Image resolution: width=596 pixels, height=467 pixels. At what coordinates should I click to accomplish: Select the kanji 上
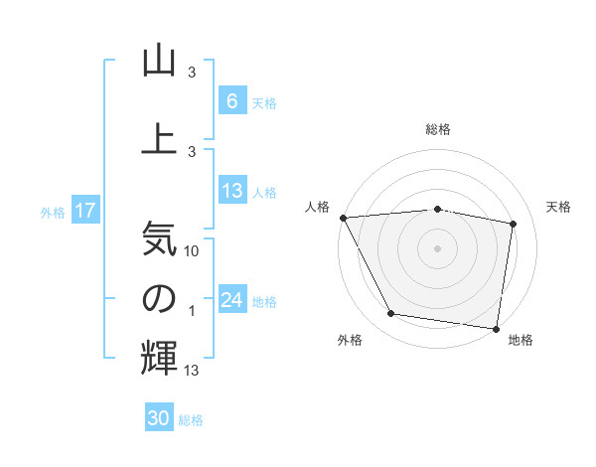pyautogui.click(x=159, y=137)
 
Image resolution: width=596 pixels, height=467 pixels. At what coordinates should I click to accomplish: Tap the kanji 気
pyautogui.click(x=159, y=238)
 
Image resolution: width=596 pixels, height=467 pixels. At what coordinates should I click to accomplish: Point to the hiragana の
pyautogui.click(x=159, y=298)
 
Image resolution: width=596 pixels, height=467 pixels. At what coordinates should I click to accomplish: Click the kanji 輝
pyautogui.click(x=159, y=358)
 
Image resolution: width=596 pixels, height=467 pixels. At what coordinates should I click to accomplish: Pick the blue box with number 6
pyautogui.click(x=231, y=101)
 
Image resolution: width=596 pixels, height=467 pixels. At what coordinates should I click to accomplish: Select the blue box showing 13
pyautogui.click(x=231, y=191)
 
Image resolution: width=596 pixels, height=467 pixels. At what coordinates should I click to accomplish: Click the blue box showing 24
pyautogui.click(x=231, y=300)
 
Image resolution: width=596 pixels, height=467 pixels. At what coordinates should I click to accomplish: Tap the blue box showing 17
pyautogui.click(x=84, y=211)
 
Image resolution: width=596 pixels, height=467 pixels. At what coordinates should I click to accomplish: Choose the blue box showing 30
pyautogui.click(x=159, y=418)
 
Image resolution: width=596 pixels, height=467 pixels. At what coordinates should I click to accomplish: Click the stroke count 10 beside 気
pyautogui.click(x=193, y=251)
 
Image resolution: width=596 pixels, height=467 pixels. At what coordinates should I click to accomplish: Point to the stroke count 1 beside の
pyautogui.click(x=192, y=312)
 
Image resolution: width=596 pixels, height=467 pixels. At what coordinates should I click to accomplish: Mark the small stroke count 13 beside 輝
pyautogui.click(x=193, y=371)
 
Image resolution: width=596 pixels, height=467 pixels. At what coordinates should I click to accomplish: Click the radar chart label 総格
pyautogui.click(x=438, y=129)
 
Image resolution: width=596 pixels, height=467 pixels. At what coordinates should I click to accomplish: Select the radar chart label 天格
pyautogui.click(x=559, y=207)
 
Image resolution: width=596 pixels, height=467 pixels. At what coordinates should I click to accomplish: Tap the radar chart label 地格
pyautogui.click(x=521, y=340)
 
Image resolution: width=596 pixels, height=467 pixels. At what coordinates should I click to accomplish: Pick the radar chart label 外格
pyautogui.click(x=350, y=340)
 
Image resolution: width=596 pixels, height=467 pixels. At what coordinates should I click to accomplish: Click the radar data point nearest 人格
pyautogui.click(x=343, y=218)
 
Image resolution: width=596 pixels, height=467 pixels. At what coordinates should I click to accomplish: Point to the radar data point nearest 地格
pyautogui.click(x=496, y=328)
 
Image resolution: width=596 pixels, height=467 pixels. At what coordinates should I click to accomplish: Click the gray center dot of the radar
pyautogui.click(x=438, y=247)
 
